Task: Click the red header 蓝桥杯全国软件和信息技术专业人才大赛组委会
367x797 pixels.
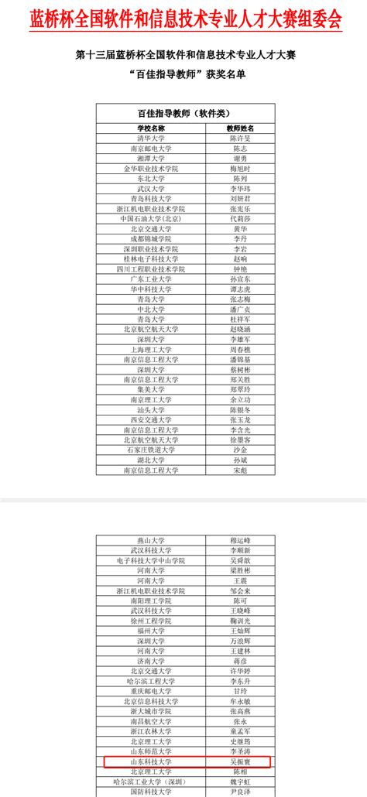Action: point(183,19)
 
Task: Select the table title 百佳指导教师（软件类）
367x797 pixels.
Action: point(183,113)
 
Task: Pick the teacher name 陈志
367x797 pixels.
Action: point(239,148)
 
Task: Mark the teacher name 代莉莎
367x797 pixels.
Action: point(239,218)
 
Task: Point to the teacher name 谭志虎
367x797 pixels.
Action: point(239,289)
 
